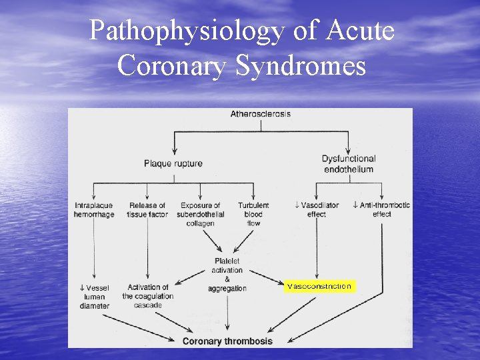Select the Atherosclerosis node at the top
pyautogui.click(x=261, y=114)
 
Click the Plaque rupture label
pyautogui.click(x=173, y=163)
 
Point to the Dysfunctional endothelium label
pyautogui.click(x=348, y=164)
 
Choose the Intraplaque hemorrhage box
pyautogui.click(x=94, y=209)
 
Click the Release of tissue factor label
pyautogui.click(x=147, y=209)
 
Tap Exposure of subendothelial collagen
pyautogui.click(x=200, y=214)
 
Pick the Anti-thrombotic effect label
pyautogui.click(x=381, y=209)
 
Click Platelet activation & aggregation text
pyautogui.click(x=227, y=275)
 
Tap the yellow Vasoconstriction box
pyautogui.click(x=319, y=287)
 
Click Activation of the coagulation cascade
pyautogui.click(x=147, y=296)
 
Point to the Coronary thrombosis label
pyautogui.click(x=227, y=341)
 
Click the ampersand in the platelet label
pyautogui.click(x=227, y=279)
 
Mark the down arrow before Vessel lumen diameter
pyautogui.click(x=81, y=288)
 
